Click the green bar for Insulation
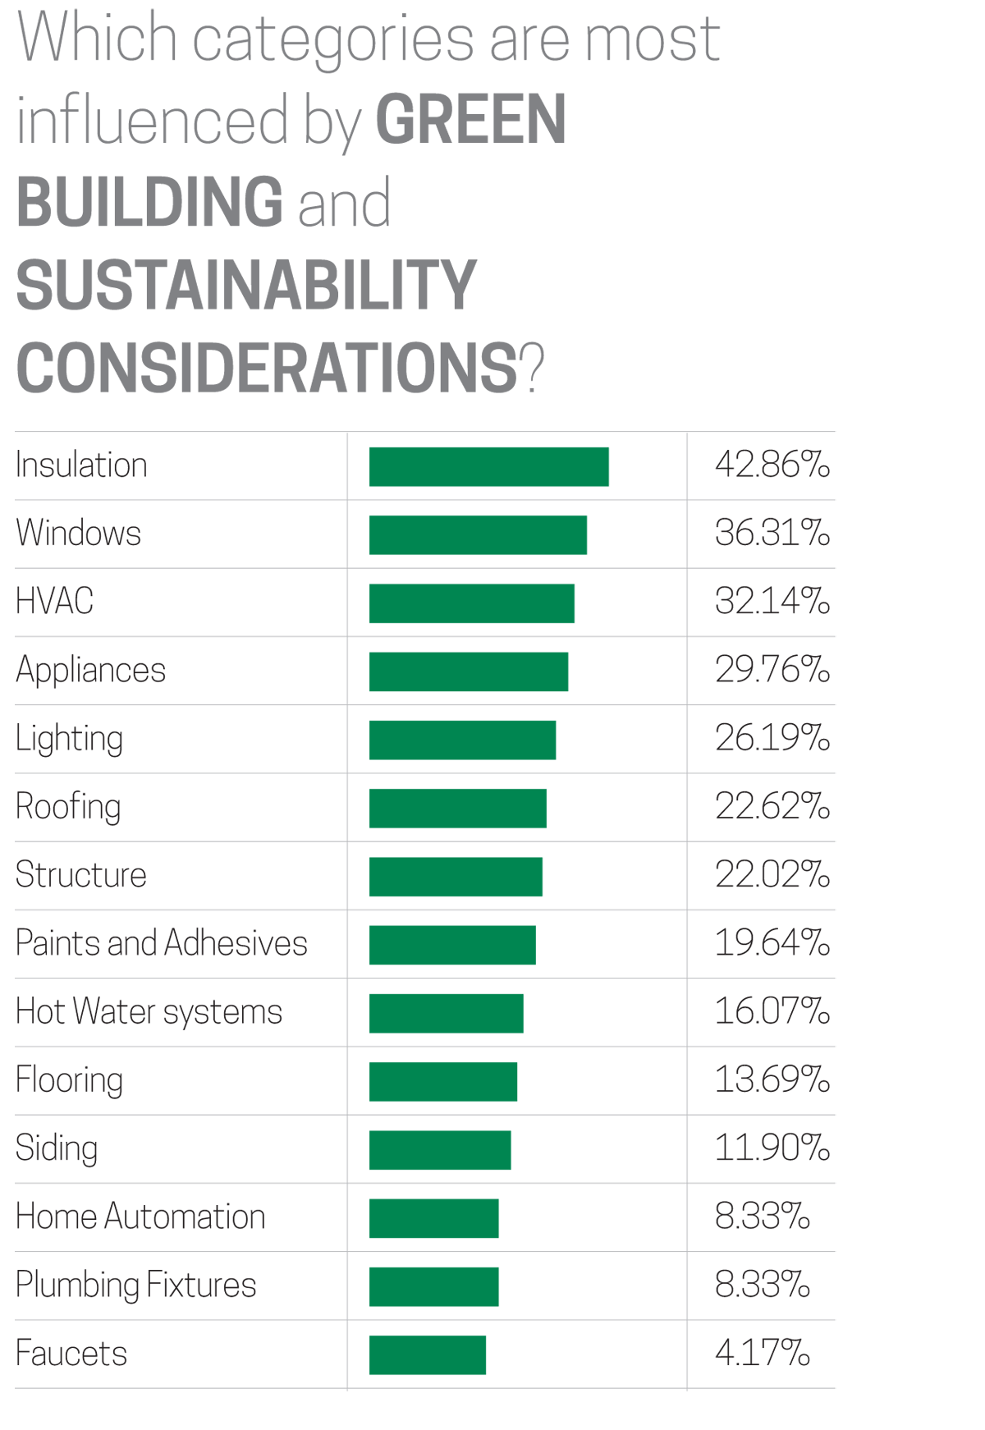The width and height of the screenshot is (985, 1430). coord(489,466)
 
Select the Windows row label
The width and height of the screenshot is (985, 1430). coord(78,533)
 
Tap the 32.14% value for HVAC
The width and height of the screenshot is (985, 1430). coord(772,602)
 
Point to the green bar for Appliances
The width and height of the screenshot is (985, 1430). coord(469,671)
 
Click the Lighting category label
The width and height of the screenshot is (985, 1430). coord(69,739)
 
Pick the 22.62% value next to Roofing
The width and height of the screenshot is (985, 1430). coord(772,807)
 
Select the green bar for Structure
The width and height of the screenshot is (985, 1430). coord(456,877)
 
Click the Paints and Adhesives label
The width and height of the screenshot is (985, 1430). coord(161,943)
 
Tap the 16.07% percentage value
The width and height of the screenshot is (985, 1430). coord(772,1011)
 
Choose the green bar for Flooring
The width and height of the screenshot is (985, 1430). coord(443,1082)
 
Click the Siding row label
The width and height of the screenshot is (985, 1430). coord(57,1148)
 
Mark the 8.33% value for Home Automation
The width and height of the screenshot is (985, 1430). coord(762,1217)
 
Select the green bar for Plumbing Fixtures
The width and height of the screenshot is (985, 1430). coord(434,1286)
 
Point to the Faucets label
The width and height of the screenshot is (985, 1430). coord(71,1354)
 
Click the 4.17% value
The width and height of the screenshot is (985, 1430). coord(762,1354)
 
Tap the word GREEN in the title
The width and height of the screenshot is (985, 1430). coord(470,120)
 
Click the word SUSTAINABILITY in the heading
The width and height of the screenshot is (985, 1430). coord(245,285)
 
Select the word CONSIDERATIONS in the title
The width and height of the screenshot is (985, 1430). coord(267,367)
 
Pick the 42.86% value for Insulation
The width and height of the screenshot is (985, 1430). coord(772,465)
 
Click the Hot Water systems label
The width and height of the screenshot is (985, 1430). coord(149,1012)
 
